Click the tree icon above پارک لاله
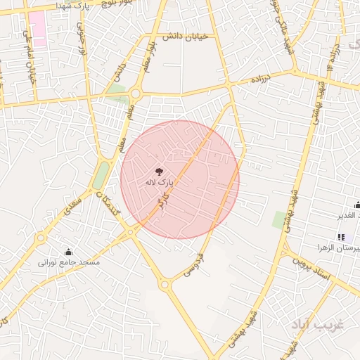click(x=160, y=170)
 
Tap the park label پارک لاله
click(x=159, y=182)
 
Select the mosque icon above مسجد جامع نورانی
click(x=69, y=252)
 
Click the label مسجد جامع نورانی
click(x=70, y=262)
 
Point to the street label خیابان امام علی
click(x=30, y=56)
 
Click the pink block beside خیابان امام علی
click(x=37, y=29)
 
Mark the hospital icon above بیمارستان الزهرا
click(x=341, y=237)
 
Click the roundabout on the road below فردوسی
click(x=165, y=285)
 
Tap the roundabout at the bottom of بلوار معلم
click(x=134, y=93)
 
